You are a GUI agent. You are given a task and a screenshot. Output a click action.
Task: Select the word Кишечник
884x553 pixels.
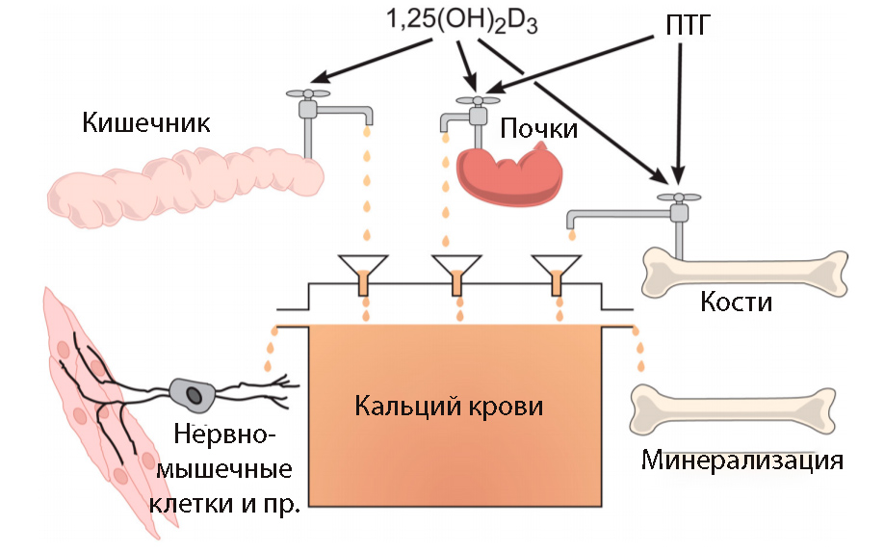tap(146, 123)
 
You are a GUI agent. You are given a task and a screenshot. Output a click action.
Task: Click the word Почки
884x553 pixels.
tap(538, 128)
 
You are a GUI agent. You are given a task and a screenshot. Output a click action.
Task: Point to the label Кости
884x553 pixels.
tap(737, 302)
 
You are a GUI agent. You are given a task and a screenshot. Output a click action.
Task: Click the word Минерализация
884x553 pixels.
tap(742, 460)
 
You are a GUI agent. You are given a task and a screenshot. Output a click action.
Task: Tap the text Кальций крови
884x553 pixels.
tap(449, 406)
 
